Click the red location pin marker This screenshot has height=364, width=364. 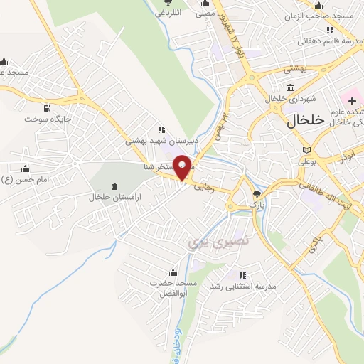(x=183, y=166)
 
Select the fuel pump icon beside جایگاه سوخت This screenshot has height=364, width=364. (x=48, y=108)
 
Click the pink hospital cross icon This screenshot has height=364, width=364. (x=353, y=102)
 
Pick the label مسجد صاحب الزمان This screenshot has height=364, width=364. (x=320, y=16)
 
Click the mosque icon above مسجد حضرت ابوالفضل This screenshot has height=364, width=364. (x=172, y=272)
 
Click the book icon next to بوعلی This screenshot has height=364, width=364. (x=307, y=150)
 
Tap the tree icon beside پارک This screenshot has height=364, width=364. (x=257, y=193)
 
